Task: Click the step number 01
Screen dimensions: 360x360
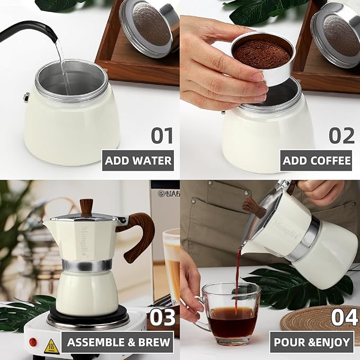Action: pyautogui.click(x=162, y=135)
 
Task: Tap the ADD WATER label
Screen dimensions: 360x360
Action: pyautogui.click(x=138, y=160)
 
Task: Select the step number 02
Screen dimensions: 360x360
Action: pyautogui.click(x=341, y=135)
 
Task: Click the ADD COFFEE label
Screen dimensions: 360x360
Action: pyautogui.click(x=317, y=160)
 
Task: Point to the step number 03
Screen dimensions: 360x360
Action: pyautogui.click(x=162, y=317)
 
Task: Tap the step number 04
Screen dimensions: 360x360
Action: pyautogui.click(x=342, y=317)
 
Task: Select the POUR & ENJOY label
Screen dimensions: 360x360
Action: pyautogui.click(x=311, y=343)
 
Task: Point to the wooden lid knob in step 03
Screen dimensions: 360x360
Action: pyautogui.click(x=86, y=207)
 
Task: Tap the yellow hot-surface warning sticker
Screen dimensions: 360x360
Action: pyautogui.click(x=51, y=346)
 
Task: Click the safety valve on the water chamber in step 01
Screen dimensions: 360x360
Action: pyautogui.click(x=26, y=97)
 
